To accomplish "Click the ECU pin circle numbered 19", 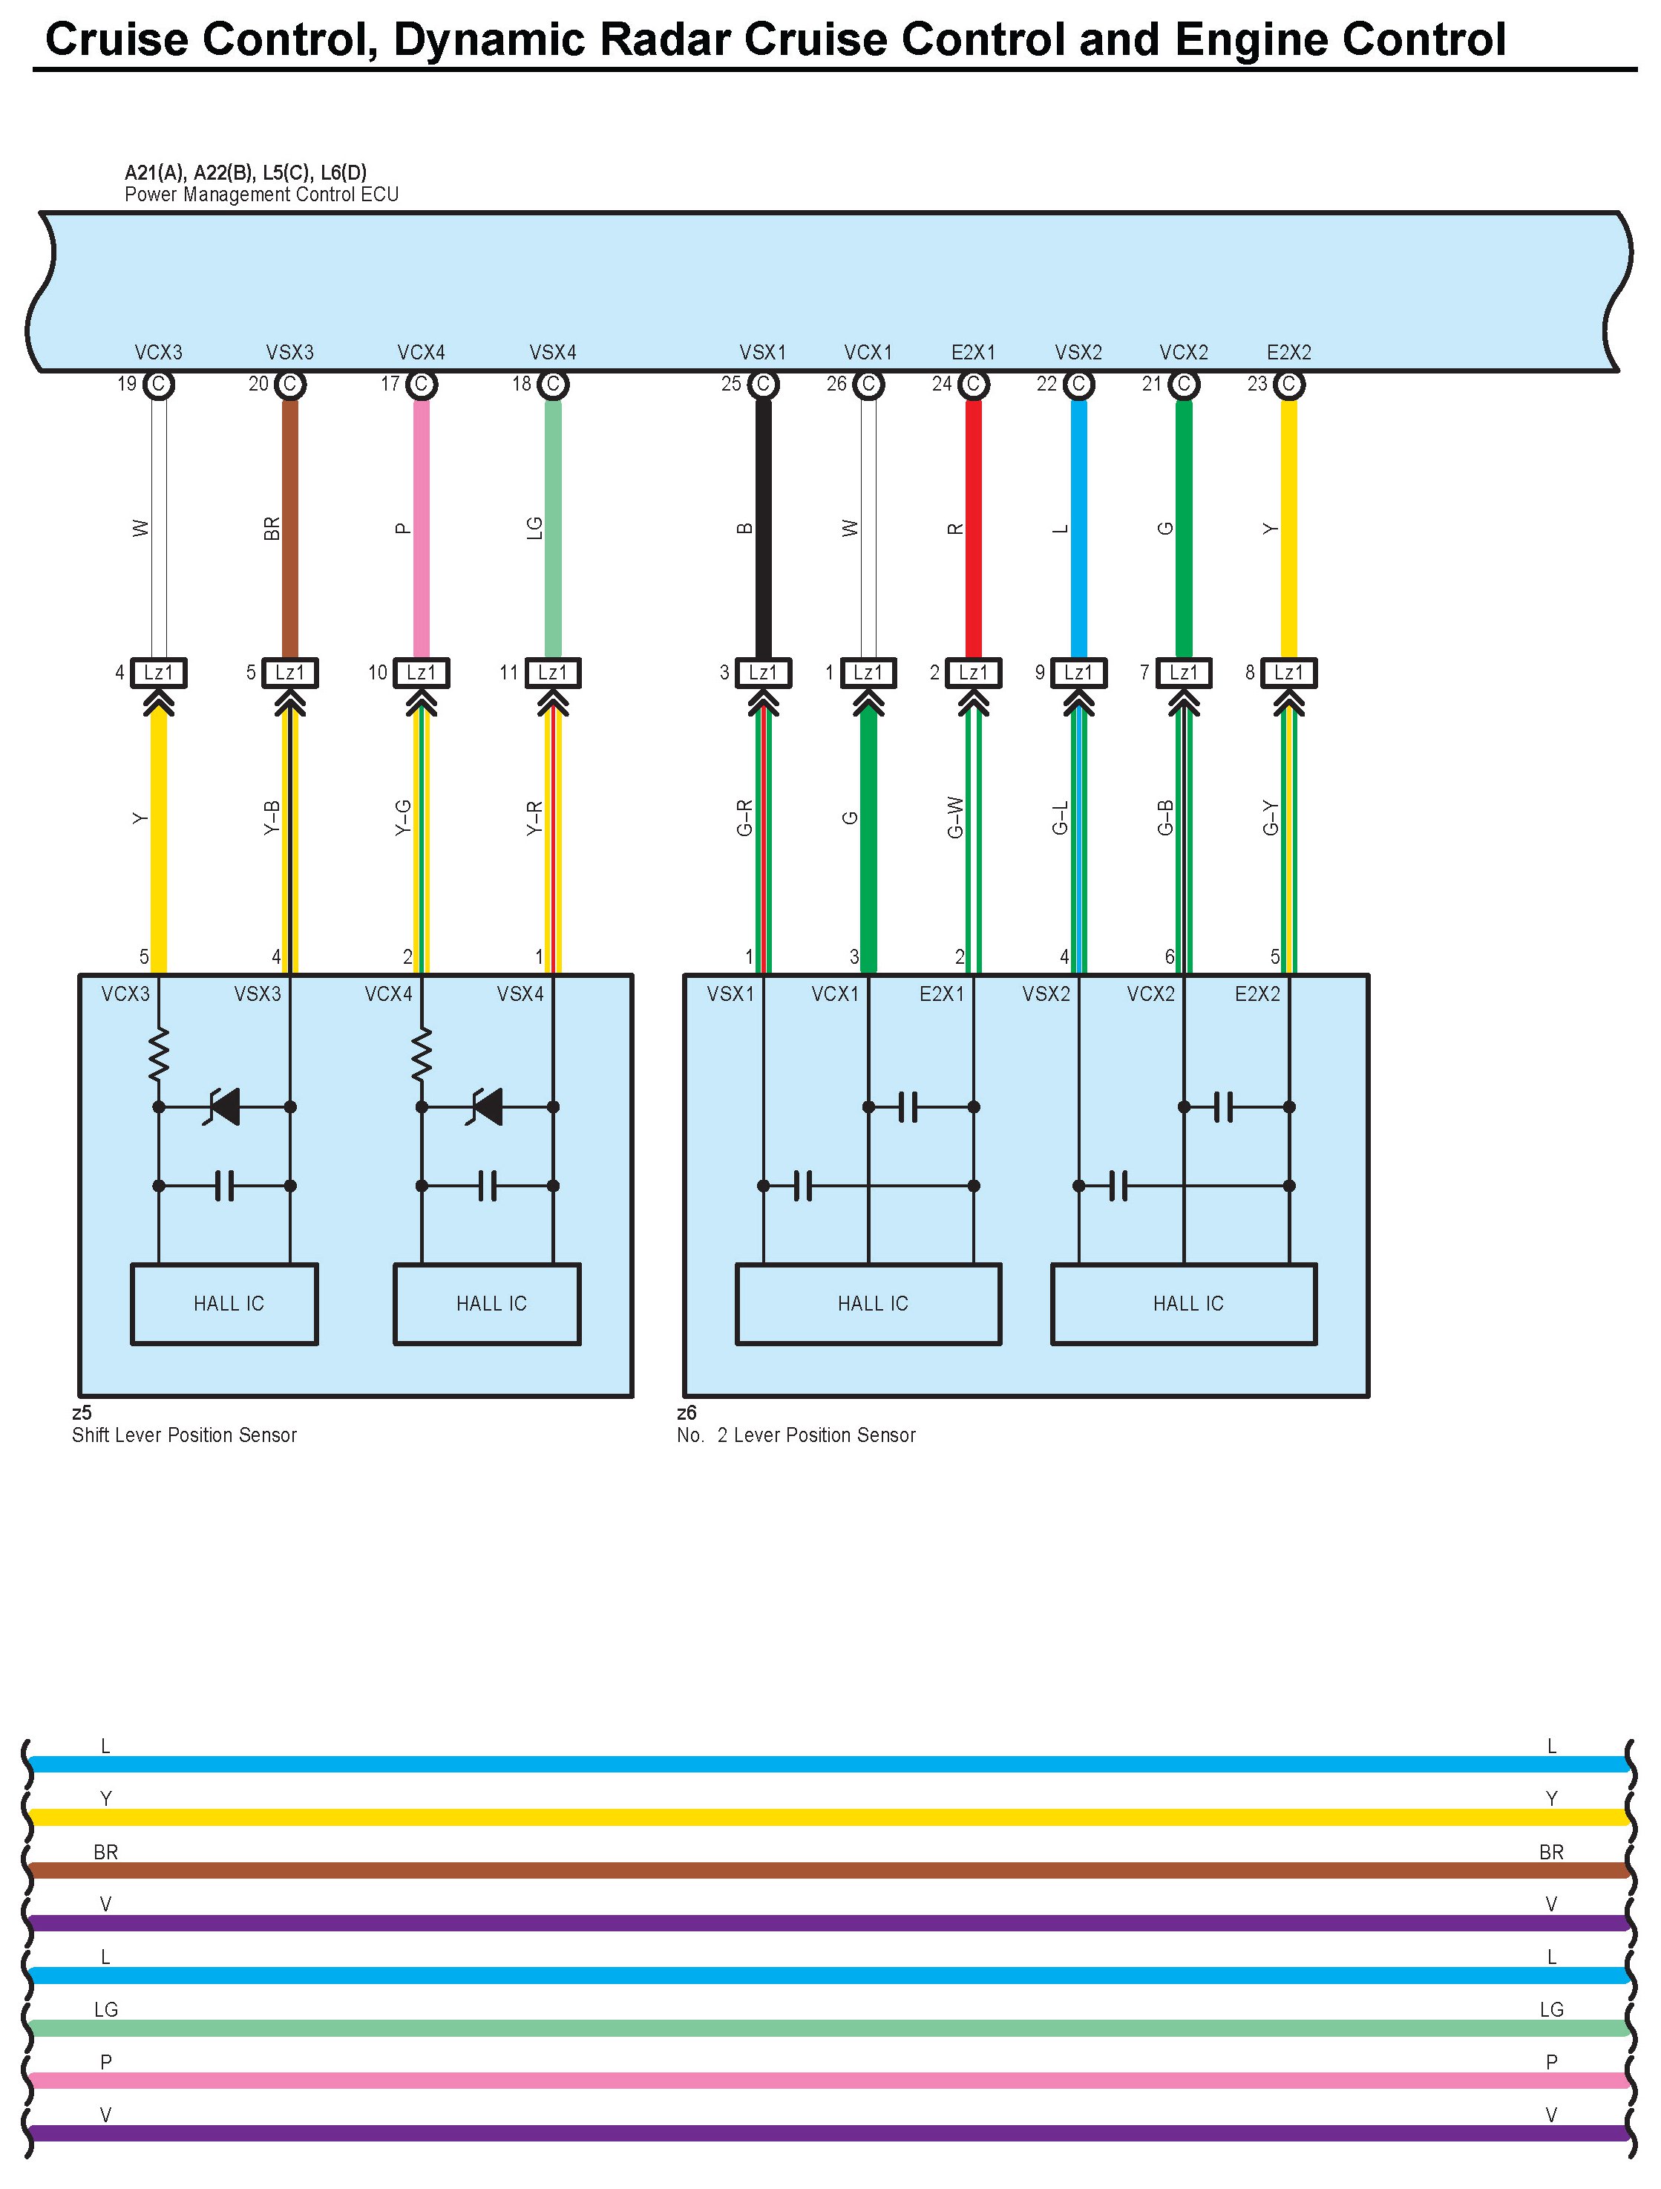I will [158, 384].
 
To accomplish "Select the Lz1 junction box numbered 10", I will [422, 673].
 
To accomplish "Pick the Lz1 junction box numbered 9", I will [1078, 673].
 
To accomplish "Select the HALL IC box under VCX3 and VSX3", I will [225, 1303].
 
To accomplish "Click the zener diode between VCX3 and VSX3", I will [225, 1106].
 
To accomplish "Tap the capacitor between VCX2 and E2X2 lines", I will [1225, 1106].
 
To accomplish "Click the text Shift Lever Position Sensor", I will [184, 1435].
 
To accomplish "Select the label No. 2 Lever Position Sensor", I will [796, 1435].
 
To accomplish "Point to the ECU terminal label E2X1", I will [974, 352].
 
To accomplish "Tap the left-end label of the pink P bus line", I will [106, 2062].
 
